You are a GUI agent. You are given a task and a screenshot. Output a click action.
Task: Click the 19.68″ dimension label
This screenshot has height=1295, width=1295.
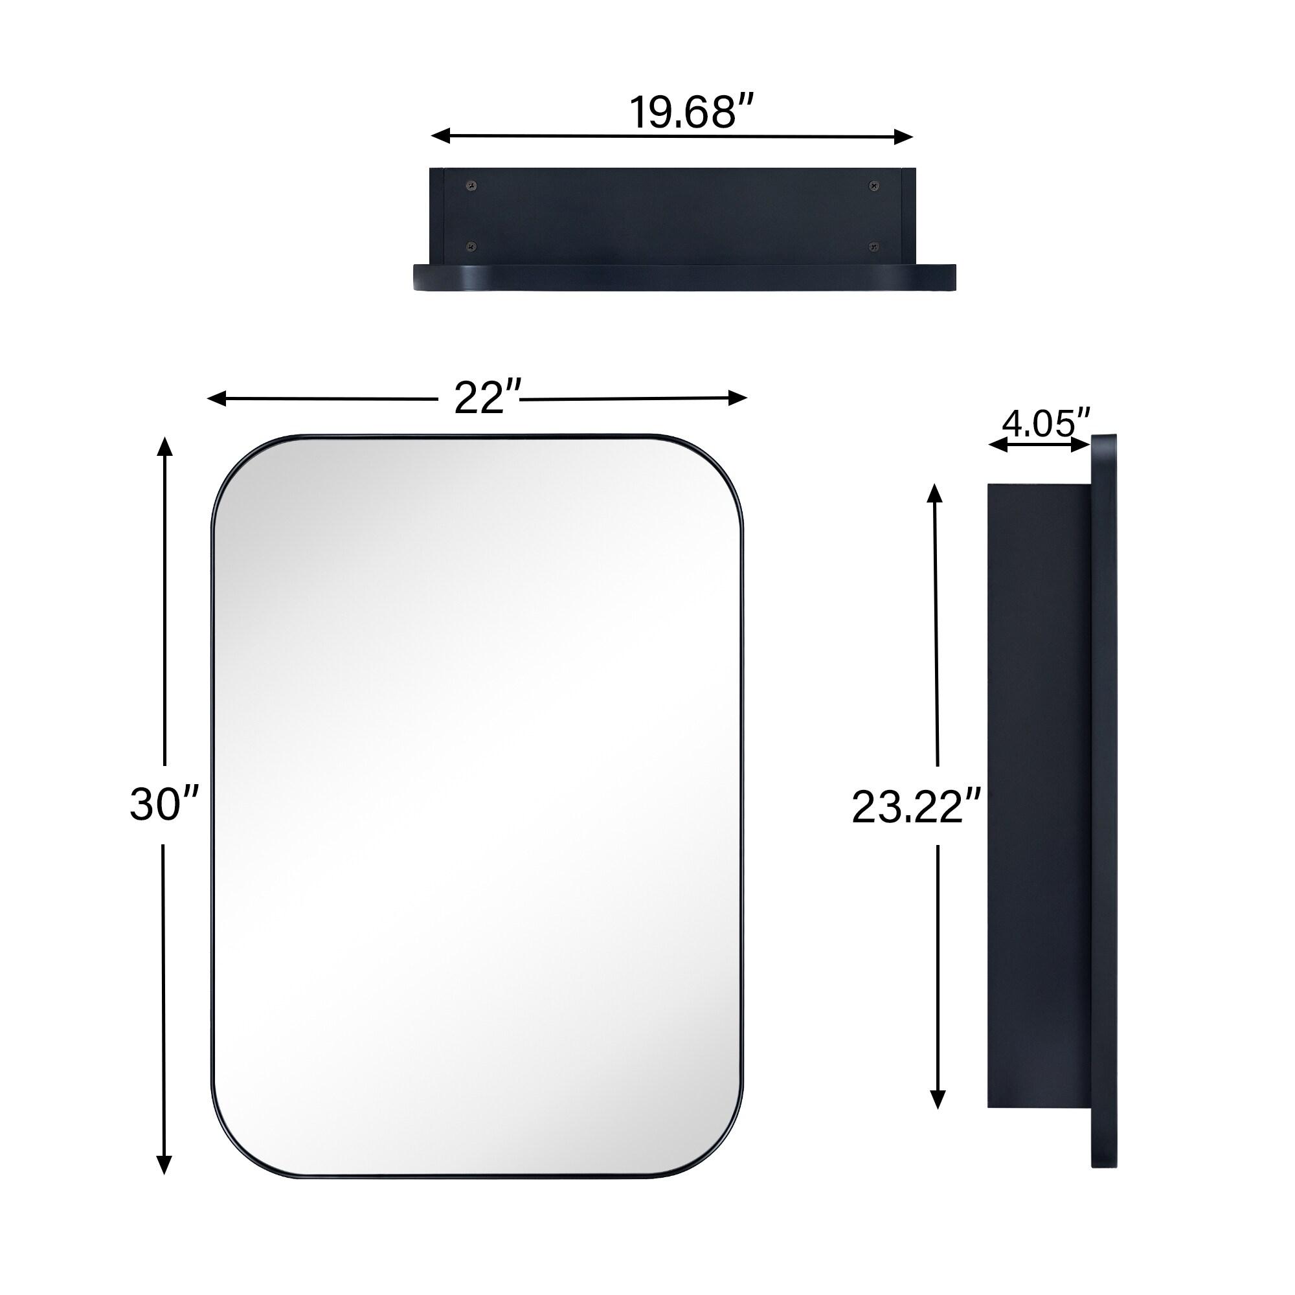tap(692, 112)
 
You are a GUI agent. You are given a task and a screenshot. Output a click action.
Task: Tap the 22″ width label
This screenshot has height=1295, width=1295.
tap(488, 398)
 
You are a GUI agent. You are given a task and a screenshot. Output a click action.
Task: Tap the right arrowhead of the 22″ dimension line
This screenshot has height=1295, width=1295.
tap(738, 398)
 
